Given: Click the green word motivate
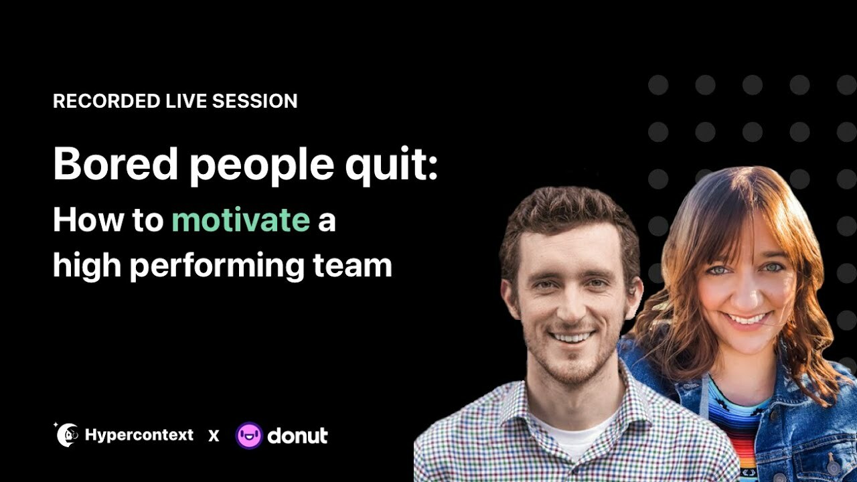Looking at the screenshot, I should tap(241, 220).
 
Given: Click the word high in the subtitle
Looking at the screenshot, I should tap(86, 266).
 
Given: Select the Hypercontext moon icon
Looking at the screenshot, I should tap(66, 435).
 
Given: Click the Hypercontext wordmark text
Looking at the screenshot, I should tap(139, 436).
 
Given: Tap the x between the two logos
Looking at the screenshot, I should tap(214, 436).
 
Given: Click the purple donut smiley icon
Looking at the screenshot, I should tap(249, 436).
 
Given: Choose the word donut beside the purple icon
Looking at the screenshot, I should tap(297, 436).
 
